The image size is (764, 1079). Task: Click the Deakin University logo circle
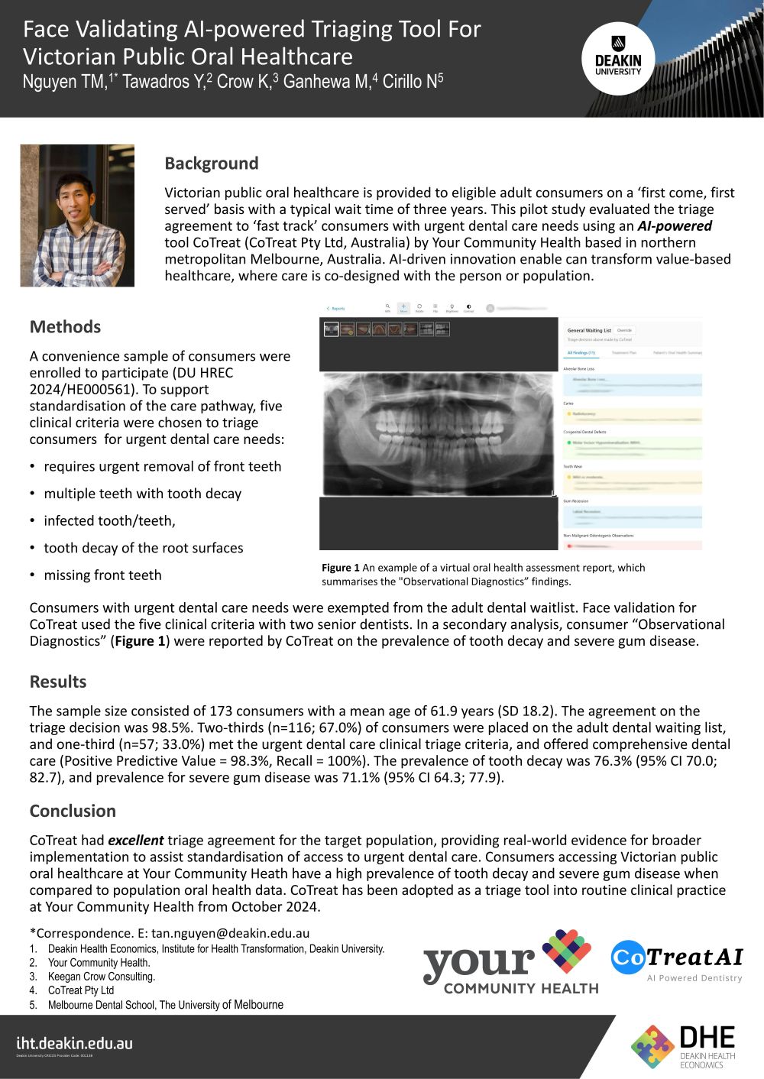618,57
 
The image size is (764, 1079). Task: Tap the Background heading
212,164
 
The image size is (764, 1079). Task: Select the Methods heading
65,327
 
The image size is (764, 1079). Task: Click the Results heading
58,682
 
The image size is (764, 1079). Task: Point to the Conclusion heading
73,811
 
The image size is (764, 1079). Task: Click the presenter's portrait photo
77,215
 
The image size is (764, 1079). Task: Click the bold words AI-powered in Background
675,226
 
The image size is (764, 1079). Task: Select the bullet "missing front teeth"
102,575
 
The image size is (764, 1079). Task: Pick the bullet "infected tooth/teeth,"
109,521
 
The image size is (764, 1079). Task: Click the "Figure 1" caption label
341,568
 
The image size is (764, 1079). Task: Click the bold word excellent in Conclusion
135,841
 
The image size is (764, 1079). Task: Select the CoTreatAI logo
676,961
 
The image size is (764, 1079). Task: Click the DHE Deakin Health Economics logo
683,1046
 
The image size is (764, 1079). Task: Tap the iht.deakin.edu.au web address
75,1043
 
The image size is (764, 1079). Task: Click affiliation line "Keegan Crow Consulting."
101,977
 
